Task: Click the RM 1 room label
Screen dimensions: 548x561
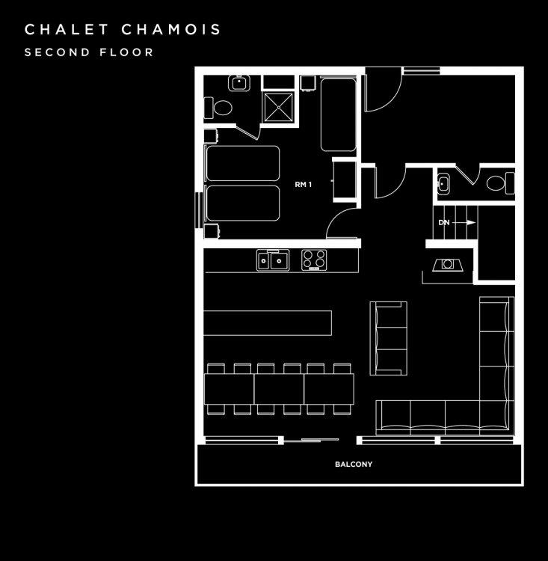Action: [304, 185]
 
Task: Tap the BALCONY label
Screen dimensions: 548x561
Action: [354, 465]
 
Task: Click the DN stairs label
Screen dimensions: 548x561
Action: [444, 223]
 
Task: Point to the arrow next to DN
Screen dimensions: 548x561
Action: [464, 223]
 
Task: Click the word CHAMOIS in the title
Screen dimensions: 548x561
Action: [171, 29]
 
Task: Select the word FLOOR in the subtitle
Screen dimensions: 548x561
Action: [126, 52]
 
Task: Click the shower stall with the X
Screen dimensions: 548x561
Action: [278, 106]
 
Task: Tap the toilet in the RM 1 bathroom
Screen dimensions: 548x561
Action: [218, 108]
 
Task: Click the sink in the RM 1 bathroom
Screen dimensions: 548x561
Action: [239, 83]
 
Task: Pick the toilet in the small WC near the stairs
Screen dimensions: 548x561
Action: [500, 183]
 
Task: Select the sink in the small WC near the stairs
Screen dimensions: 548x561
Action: [443, 184]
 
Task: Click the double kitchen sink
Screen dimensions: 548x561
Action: [273, 260]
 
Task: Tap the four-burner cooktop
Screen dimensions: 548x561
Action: [314, 260]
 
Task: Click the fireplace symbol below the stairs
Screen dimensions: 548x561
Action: [448, 264]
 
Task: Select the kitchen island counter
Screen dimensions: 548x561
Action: [268, 323]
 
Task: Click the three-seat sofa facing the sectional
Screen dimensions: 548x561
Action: [389, 338]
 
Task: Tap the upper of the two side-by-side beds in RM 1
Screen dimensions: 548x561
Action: [242, 163]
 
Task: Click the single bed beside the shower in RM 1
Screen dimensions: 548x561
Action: [338, 114]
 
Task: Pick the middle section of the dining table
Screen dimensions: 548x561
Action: [279, 389]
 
